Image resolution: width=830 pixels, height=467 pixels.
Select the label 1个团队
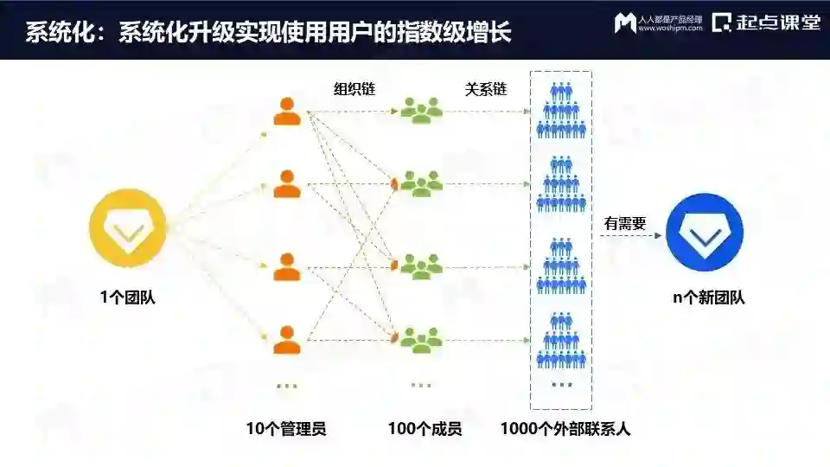coord(128,298)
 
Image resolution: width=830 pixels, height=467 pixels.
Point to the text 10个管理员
coord(286,428)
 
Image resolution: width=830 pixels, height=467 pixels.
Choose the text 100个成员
coord(425,428)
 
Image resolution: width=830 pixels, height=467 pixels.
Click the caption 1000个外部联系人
coord(565,428)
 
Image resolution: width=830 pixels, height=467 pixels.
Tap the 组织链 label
coord(354,89)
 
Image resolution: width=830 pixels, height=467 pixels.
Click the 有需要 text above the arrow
coord(625,223)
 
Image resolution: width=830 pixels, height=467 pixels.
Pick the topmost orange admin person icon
coord(287,112)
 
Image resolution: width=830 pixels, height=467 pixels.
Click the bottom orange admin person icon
coord(287,339)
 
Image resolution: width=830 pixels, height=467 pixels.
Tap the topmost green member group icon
coord(421,110)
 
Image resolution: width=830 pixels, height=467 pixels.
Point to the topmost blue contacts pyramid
coord(561,110)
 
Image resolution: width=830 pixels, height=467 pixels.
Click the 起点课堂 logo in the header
coord(766,22)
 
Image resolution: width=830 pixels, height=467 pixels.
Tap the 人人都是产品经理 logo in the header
coord(656,22)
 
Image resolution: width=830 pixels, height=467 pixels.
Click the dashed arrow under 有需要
coord(627,235)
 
